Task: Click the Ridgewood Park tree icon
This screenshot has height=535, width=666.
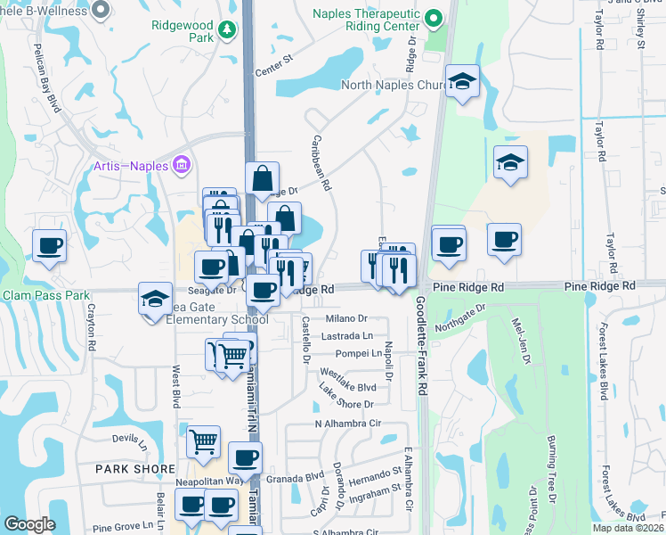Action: click(x=228, y=31)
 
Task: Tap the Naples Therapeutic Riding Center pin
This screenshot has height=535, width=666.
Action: click(x=434, y=19)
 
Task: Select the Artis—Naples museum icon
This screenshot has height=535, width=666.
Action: click(x=182, y=165)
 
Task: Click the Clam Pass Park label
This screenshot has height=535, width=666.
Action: click(x=46, y=295)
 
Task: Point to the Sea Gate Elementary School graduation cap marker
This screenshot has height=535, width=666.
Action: click(x=155, y=298)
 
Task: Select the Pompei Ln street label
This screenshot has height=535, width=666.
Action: click(x=351, y=354)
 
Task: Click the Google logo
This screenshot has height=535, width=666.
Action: click(x=29, y=524)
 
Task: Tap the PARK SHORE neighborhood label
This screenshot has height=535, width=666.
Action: click(x=131, y=467)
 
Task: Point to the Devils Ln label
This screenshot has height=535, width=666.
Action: click(x=130, y=439)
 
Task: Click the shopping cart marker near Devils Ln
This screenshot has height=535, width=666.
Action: click(x=203, y=440)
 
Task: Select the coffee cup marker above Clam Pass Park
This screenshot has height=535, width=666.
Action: click(x=50, y=245)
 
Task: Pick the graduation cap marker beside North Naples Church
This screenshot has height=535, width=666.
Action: click(x=462, y=81)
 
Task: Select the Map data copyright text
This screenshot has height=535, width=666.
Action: click(x=628, y=528)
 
